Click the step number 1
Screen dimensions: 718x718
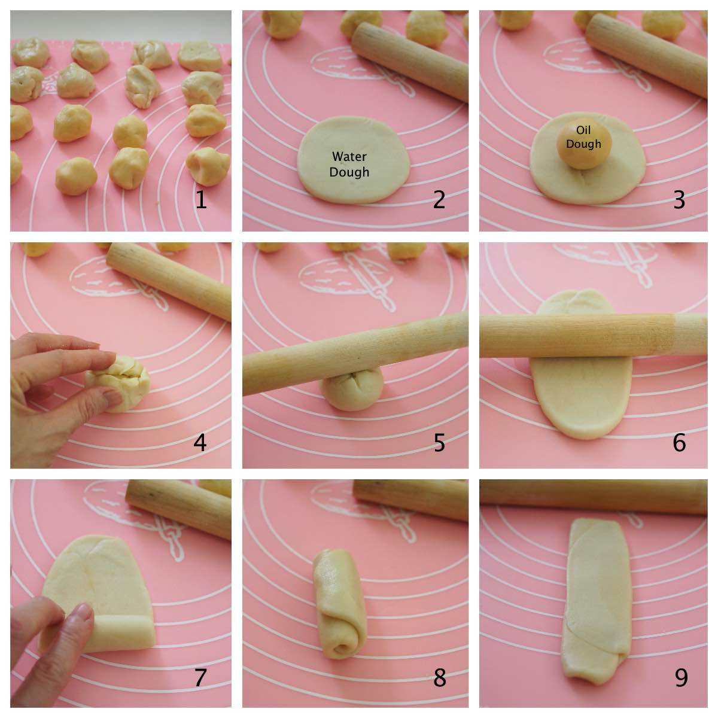201,200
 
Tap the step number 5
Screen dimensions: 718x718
439,443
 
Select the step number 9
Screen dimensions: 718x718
681,677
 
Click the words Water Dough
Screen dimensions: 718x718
349,164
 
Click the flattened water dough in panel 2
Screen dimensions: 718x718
353,180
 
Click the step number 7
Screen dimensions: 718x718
201,677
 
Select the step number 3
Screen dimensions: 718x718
679,200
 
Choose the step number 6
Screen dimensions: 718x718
679,443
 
